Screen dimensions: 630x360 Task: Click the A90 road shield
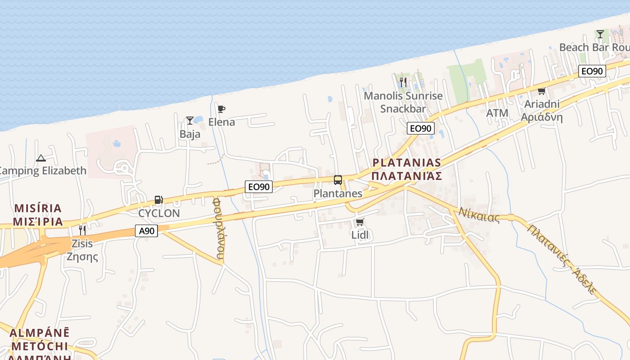[146, 231]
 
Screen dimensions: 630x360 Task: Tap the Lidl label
[360, 235]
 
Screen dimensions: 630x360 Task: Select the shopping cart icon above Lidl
[360, 222]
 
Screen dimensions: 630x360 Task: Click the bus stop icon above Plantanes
[338, 180]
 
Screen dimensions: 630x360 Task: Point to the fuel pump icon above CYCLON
[158, 200]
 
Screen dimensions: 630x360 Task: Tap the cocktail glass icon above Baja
[190, 121]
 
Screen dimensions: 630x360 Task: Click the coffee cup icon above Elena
[221, 109]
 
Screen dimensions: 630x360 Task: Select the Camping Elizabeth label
[43, 171]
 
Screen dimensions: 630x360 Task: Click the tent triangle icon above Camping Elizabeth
[41, 158]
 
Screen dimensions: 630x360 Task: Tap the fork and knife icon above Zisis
[82, 230]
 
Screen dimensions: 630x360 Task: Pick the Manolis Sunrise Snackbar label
[403, 102]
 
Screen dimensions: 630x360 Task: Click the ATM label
[497, 113]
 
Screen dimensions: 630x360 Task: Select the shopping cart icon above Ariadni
[542, 91]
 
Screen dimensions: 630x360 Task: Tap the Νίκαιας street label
[479, 215]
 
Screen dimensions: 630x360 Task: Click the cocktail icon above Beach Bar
[600, 34]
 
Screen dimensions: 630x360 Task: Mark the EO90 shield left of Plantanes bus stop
[259, 186]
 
